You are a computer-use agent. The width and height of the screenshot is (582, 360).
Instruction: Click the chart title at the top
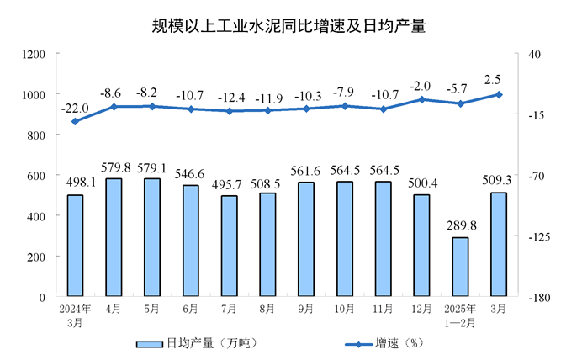coord(289,26)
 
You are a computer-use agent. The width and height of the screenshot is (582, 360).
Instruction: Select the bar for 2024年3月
coord(75,246)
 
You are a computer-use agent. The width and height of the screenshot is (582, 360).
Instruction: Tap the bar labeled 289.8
coord(459,267)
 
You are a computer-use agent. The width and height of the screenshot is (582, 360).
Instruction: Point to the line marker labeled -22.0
coord(75,121)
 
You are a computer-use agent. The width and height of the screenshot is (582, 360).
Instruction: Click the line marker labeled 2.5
coord(499,94)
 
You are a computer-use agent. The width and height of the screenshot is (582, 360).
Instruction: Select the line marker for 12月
coord(421,99)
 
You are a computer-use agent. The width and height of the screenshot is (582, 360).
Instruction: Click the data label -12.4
coord(229,96)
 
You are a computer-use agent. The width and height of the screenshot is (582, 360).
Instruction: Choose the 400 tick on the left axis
coord(37,216)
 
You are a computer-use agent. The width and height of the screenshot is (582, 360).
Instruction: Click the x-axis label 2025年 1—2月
coord(459,315)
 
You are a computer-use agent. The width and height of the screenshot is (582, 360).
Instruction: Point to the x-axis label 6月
coord(190,309)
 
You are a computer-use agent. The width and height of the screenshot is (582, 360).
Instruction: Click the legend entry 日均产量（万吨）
coord(198,343)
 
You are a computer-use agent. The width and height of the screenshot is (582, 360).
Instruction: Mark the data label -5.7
coord(459,87)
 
